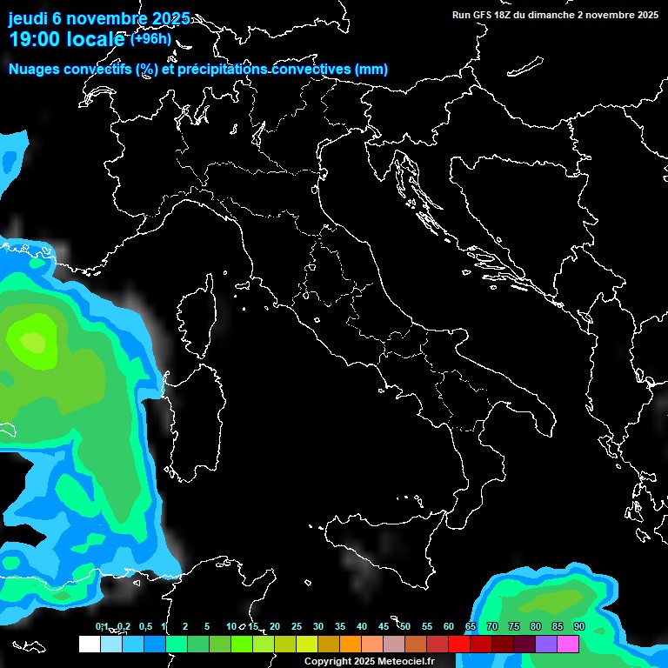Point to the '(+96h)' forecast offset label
(x=150, y=38)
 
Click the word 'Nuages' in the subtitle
(x=35, y=70)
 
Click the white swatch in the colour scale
(x=89, y=645)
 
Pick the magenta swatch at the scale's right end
(x=568, y=645)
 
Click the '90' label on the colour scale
(x=578, y=627)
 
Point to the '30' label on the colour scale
(x=317, y=627)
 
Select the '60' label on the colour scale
(x=448, y=627)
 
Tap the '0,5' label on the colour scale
(x=144, y=627)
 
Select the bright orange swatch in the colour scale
(x=350, y=645)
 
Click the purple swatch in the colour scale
(x=546, y=645)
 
